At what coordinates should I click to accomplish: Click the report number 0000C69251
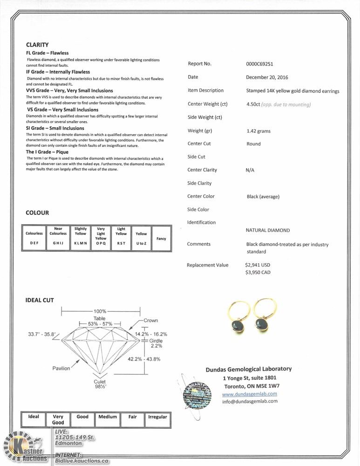click(259, 64)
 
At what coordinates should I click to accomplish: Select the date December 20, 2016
click(267, 77)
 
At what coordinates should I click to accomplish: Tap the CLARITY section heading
click(37, 45)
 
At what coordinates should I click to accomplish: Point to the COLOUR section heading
click(37, 213)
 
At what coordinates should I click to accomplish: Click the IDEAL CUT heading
click(40, 300)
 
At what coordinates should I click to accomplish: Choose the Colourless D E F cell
click(34, 238)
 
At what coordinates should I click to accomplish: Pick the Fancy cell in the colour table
click(161, 239)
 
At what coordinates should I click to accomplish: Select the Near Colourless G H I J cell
click(58, 238)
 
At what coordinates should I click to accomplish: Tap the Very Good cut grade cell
click(58, 420)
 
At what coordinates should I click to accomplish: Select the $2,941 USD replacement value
click(258, 265)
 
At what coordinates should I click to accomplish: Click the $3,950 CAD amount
click(258, 273)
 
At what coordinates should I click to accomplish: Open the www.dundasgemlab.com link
click(249, 394)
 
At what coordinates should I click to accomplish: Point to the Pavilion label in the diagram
click(61, 369)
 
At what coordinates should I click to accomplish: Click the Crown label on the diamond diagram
click(150, 321)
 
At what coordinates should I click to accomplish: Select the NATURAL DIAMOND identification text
click(267, 230)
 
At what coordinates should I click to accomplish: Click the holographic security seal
click(197, 392)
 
